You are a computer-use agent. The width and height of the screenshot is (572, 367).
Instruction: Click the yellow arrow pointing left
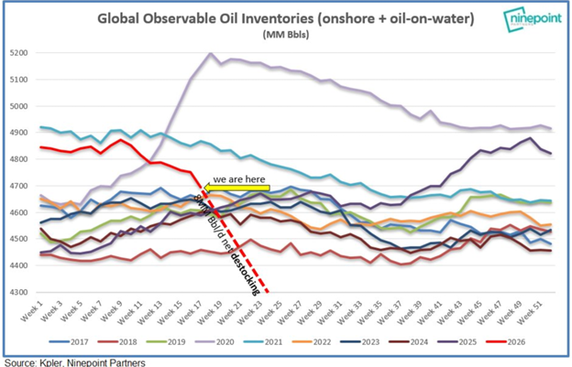[x=234, y=188]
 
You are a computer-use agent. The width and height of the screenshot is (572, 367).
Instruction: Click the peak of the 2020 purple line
[x=212, y=54]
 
